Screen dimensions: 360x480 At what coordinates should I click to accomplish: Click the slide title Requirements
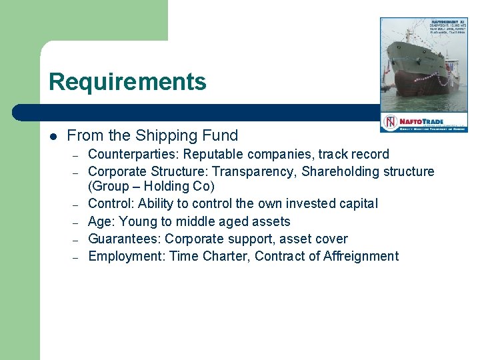click(127, 82)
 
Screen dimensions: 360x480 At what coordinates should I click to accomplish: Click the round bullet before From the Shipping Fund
click(53, 136)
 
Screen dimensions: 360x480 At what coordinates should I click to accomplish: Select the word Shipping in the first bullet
click(162, 135)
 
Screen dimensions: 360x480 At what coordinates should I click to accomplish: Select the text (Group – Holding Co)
click(151, 187)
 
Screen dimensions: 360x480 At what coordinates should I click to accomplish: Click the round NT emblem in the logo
click(389, 122)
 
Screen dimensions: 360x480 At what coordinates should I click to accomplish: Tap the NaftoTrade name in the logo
click(422, 120)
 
